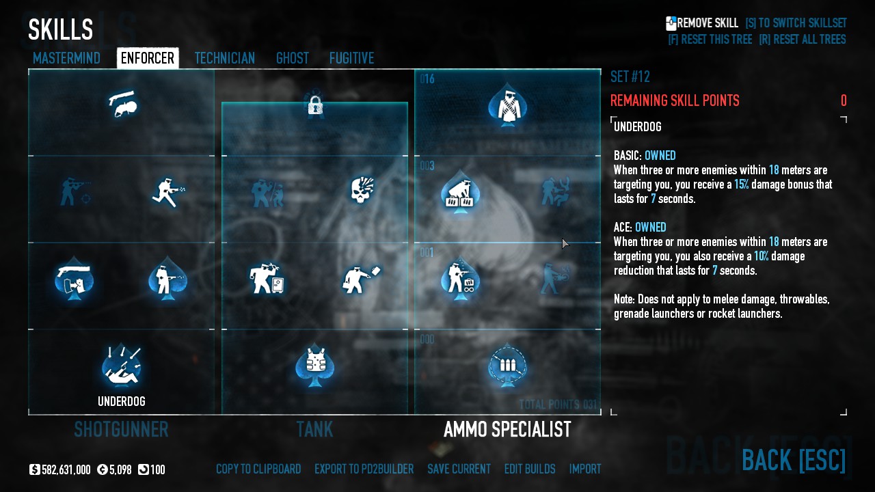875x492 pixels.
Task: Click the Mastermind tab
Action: [66, 58]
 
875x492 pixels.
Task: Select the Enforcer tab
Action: [148, 58]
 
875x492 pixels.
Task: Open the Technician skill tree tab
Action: [224, 58]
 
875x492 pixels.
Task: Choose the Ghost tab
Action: [292, 58]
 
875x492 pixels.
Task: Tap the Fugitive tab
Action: [351, 58]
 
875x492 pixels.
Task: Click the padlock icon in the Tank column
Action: [314, 105]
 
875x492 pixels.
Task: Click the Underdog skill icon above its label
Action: [122, 365]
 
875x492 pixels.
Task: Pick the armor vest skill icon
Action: [314, 364]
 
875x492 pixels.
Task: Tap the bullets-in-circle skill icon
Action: [507, 365]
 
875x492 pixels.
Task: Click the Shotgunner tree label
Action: [121, 429]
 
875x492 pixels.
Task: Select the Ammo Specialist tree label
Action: [507, 429]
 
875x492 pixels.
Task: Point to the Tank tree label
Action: [314, 429]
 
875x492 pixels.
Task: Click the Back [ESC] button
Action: [794, 460]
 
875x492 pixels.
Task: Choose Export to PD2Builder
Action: [364, 469]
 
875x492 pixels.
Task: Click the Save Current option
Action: [459, 469]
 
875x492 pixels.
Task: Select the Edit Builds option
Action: [530, 469]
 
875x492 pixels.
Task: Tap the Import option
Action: [585, 469]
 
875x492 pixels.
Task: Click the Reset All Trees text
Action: [802, 40]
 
